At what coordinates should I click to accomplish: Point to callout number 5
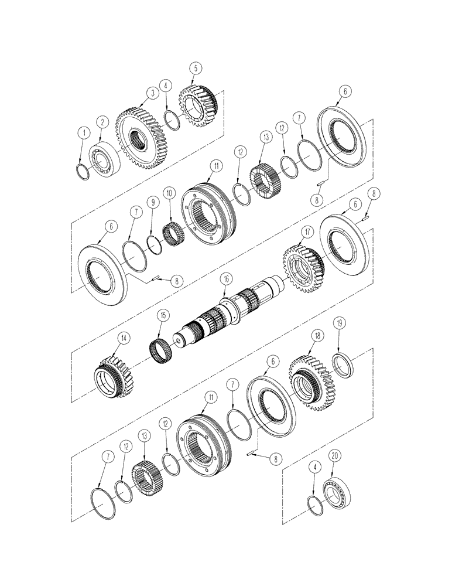tap(196, 69)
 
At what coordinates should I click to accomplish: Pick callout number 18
tap(317, 335)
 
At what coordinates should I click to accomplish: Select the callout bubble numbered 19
tap(338, 322)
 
